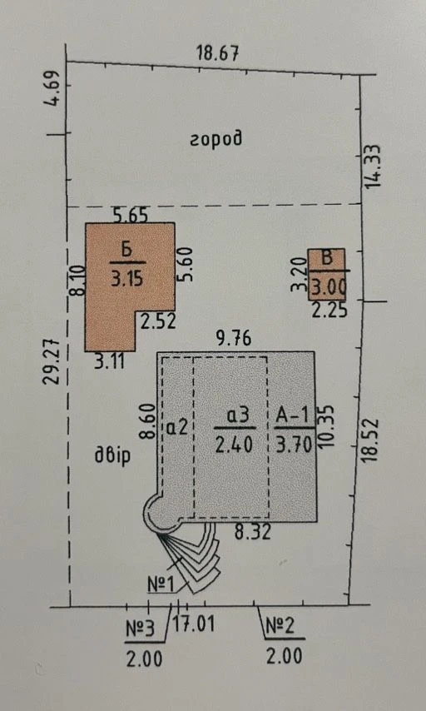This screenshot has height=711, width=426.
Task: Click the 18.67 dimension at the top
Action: [x=217, y=53]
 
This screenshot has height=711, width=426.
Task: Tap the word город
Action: [x=215, y=138]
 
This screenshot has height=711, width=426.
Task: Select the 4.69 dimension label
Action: [x=54, y=88]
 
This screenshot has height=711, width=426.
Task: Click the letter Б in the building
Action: [x=127, y=251]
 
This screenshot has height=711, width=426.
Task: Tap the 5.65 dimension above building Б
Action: [x=131, y=216]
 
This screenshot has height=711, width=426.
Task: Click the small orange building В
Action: [x=326, y=275]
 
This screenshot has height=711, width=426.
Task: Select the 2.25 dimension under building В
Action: [x=329, y=311]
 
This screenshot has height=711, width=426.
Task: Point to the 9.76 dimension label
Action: [x=234, y=339]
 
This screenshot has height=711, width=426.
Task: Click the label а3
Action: [x=236, y=416]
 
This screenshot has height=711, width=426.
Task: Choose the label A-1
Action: [x=293, y=415]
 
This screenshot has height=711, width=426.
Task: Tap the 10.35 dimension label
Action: [x=326, y=426]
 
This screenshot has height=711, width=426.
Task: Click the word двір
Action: [x=112, y=455]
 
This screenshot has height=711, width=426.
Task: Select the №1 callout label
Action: [x=161, y=584]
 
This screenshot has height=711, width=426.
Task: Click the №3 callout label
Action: [x=140, y=629]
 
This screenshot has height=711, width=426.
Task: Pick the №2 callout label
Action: [x=280, y=626]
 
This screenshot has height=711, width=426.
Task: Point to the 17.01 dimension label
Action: [x=194, y=625]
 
